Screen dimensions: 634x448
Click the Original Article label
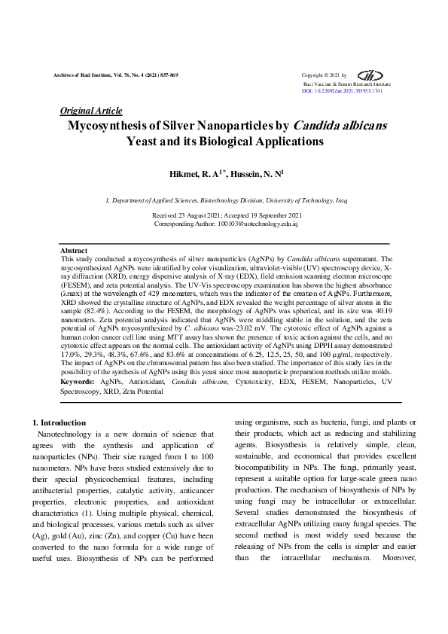click(x=90, y=111)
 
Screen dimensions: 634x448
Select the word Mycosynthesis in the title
click(x=113, y=126)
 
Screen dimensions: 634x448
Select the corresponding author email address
click(x=258, y=224)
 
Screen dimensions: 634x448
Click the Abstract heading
click(x=73, y=250)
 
